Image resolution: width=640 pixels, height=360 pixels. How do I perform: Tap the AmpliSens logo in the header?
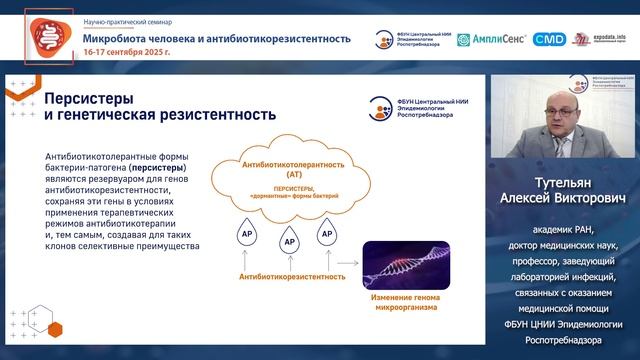coord(491,40)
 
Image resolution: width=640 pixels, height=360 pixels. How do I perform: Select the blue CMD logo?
coord(549,40)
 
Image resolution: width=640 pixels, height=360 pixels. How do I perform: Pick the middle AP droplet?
coord(286,242)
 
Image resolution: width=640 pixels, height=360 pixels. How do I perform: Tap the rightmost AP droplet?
coord(325,236)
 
